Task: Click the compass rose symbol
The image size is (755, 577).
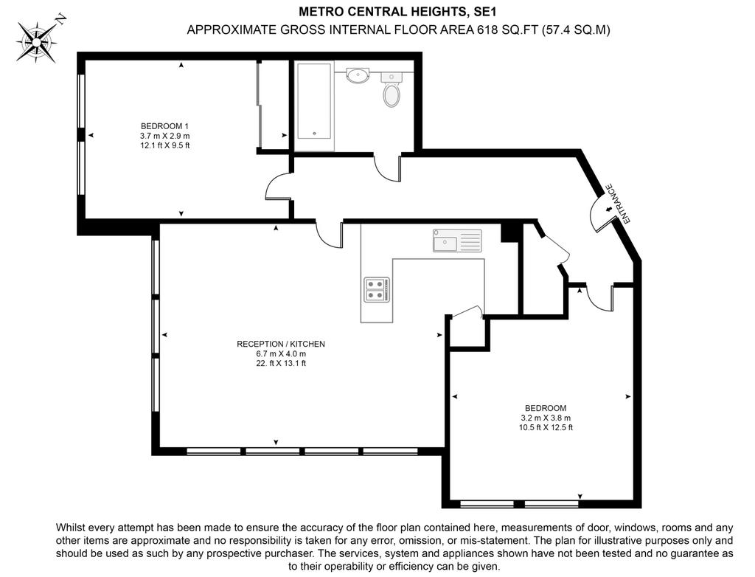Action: point(37,41)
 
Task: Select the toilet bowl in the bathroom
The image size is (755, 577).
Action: point(392,95)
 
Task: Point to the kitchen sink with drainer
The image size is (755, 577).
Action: point(457,240)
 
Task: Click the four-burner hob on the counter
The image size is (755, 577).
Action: point(376,289)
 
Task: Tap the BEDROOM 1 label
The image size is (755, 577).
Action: point(164,126)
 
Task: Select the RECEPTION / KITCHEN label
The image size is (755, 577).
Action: point(281,344)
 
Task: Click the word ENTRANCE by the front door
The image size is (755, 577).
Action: point(619,204)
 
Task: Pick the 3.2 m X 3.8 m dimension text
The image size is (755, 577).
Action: point(546,418)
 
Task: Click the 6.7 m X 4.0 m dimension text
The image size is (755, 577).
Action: point(281,354)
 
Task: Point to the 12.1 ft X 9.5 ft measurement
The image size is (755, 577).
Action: point(164,145)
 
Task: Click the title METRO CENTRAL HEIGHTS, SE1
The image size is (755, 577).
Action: point(397,10)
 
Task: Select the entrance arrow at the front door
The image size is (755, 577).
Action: point(608,210)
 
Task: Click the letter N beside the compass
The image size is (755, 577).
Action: point(61,19)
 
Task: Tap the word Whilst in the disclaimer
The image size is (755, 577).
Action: point(71,528)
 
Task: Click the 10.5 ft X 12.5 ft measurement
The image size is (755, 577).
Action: point(546,427)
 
